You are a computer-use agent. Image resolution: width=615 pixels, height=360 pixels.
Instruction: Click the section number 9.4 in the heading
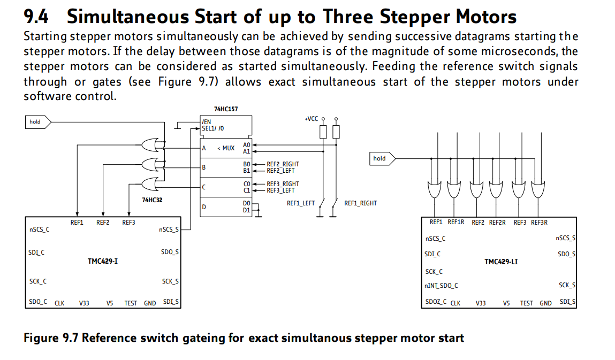(36, 17)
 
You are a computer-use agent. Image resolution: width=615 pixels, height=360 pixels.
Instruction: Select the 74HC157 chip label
(226, 109)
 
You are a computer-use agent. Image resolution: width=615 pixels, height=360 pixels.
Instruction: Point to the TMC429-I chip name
(103, 262)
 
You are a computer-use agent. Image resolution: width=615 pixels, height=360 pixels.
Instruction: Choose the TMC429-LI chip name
(501, 262)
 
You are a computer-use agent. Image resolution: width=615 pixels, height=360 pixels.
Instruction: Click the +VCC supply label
(312, 118)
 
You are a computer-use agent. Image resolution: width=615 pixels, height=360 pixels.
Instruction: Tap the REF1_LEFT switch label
(301, 203)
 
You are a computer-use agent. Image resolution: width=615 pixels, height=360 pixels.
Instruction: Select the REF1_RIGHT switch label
(360, 203)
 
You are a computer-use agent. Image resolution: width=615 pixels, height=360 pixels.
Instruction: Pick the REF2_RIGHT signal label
(283, 164)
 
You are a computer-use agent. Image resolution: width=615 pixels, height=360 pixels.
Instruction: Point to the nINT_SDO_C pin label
(442, 286)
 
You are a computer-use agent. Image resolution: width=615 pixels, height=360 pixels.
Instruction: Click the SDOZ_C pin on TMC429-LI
(436, 302)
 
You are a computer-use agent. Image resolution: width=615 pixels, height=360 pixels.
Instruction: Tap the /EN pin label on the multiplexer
(206, 122)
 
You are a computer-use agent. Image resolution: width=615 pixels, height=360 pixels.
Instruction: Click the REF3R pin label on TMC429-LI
(539, 223)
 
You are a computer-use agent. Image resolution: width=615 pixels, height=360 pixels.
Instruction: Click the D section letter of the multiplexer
(203, 207)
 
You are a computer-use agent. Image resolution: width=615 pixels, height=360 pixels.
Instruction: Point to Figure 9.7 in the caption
(51, 338)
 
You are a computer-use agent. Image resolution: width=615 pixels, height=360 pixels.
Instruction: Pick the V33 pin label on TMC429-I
(84, 303)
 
